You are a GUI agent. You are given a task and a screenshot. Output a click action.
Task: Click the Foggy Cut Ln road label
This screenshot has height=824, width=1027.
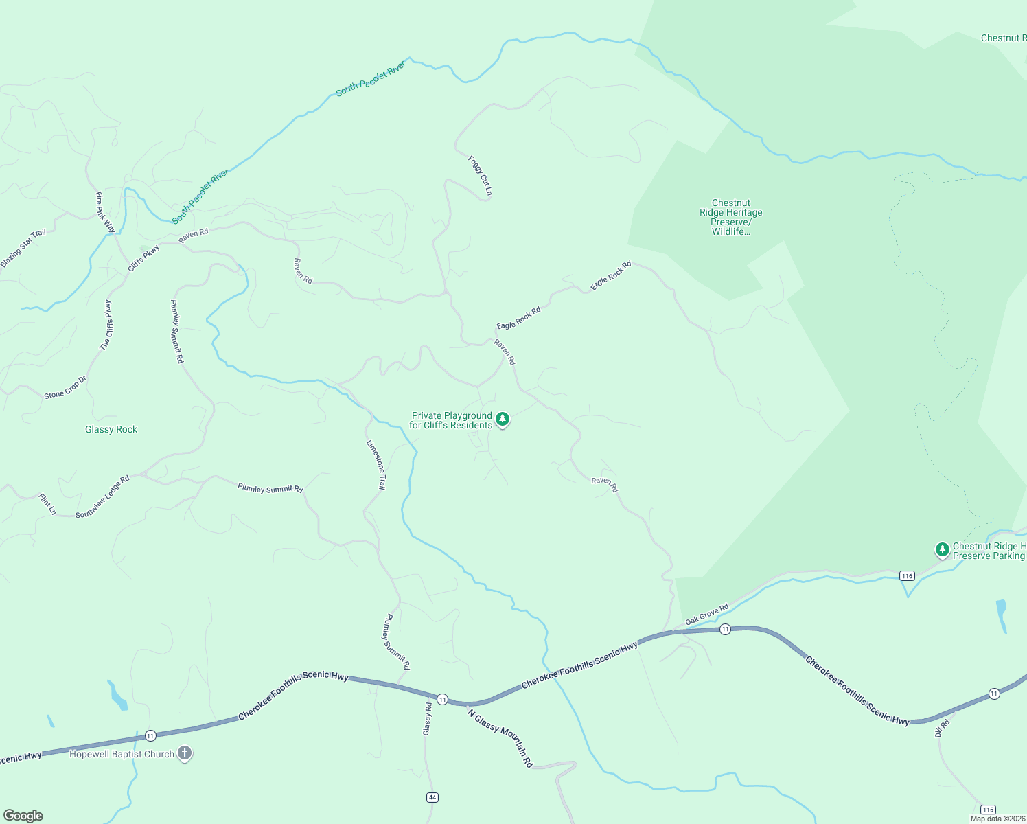[x=480, y=175]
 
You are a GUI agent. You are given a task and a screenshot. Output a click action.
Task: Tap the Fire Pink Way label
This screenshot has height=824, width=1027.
[x=105, y=213]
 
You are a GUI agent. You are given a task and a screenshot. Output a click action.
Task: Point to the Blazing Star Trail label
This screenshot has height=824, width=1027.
[x=23, y=248]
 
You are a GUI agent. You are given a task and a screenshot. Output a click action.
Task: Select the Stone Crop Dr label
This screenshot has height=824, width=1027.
[x=65, y=388]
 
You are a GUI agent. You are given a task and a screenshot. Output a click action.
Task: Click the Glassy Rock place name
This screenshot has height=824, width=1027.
[x=111, y=429]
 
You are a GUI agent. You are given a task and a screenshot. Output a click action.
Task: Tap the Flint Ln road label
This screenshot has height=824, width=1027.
[x=47, y=504]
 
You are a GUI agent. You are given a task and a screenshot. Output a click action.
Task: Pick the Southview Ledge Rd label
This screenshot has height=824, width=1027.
[x=102, y=497]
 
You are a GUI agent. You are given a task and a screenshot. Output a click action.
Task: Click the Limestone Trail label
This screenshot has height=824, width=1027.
[x=376, y=465]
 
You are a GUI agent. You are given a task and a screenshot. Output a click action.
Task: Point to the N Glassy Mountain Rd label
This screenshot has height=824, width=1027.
[x=500, y=738]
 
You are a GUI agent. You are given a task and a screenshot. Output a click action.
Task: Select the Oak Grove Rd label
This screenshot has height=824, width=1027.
[x=706, y=614]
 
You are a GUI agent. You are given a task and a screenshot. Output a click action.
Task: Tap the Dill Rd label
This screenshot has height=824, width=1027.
[x=943, y=728]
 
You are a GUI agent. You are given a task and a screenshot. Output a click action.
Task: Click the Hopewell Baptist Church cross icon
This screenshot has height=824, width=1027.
[x=184, y=753]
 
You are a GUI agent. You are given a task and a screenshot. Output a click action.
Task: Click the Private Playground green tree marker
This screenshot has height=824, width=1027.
[x=503, y=419]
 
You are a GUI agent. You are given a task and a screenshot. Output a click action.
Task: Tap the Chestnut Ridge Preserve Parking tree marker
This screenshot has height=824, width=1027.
[x=942, y=550]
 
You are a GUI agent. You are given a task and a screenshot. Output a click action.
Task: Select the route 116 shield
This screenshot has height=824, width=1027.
[x=907, y=575]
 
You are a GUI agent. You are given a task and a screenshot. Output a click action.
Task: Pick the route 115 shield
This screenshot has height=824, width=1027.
[x=987, y=810]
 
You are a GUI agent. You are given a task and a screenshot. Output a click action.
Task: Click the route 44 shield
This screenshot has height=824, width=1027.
[x=432, y=797]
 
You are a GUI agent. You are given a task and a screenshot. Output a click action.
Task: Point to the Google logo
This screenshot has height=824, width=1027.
[x=23, y=816]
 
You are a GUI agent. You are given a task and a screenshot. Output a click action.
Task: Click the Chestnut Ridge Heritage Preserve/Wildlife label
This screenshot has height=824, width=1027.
[x=730, y=217]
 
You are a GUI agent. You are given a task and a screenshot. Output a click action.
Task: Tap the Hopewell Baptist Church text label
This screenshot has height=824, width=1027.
[x=122, y=754]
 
